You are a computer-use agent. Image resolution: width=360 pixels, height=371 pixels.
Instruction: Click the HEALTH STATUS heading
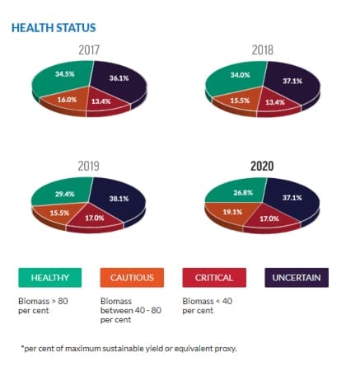click(x=54, y=28)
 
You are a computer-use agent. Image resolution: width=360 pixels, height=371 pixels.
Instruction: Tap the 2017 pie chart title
click(x=89, y=50)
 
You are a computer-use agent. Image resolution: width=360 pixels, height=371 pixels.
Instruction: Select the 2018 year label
click(x=263, y=50)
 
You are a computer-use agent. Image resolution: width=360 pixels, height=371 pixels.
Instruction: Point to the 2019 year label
click(x=88, y=166)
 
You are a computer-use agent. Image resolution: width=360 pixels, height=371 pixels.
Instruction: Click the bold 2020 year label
click(x=262, y=166)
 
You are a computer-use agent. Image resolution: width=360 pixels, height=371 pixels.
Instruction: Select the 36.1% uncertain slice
click(x=119, y=81)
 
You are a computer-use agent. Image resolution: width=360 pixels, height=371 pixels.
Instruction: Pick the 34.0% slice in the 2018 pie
click(x=239, y=77)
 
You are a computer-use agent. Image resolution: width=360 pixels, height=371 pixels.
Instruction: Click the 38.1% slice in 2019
click(x=119, y=200)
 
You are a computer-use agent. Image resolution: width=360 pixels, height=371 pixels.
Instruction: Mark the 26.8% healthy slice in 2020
click(x=241, y=192)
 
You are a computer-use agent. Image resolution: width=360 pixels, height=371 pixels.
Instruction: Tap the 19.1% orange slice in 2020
click(x=232, y=213)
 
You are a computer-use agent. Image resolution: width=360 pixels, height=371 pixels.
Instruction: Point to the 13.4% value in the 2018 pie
click(x=275, y=102)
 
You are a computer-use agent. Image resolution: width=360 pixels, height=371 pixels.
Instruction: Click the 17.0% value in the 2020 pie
click(x=269, y=218)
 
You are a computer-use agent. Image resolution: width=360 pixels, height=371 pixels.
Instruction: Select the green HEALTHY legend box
click(x=50, y=278)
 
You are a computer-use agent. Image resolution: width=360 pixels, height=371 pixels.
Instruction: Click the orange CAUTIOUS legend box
click(x=132, y=278)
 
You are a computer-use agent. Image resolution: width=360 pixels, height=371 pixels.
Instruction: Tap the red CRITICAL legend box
click(x=214, y=278)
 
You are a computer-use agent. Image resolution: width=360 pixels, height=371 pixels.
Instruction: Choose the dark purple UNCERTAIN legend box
click(x=297, y=278)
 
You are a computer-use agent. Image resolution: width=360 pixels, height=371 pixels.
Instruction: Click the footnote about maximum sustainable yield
click(x=129, y=349)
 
